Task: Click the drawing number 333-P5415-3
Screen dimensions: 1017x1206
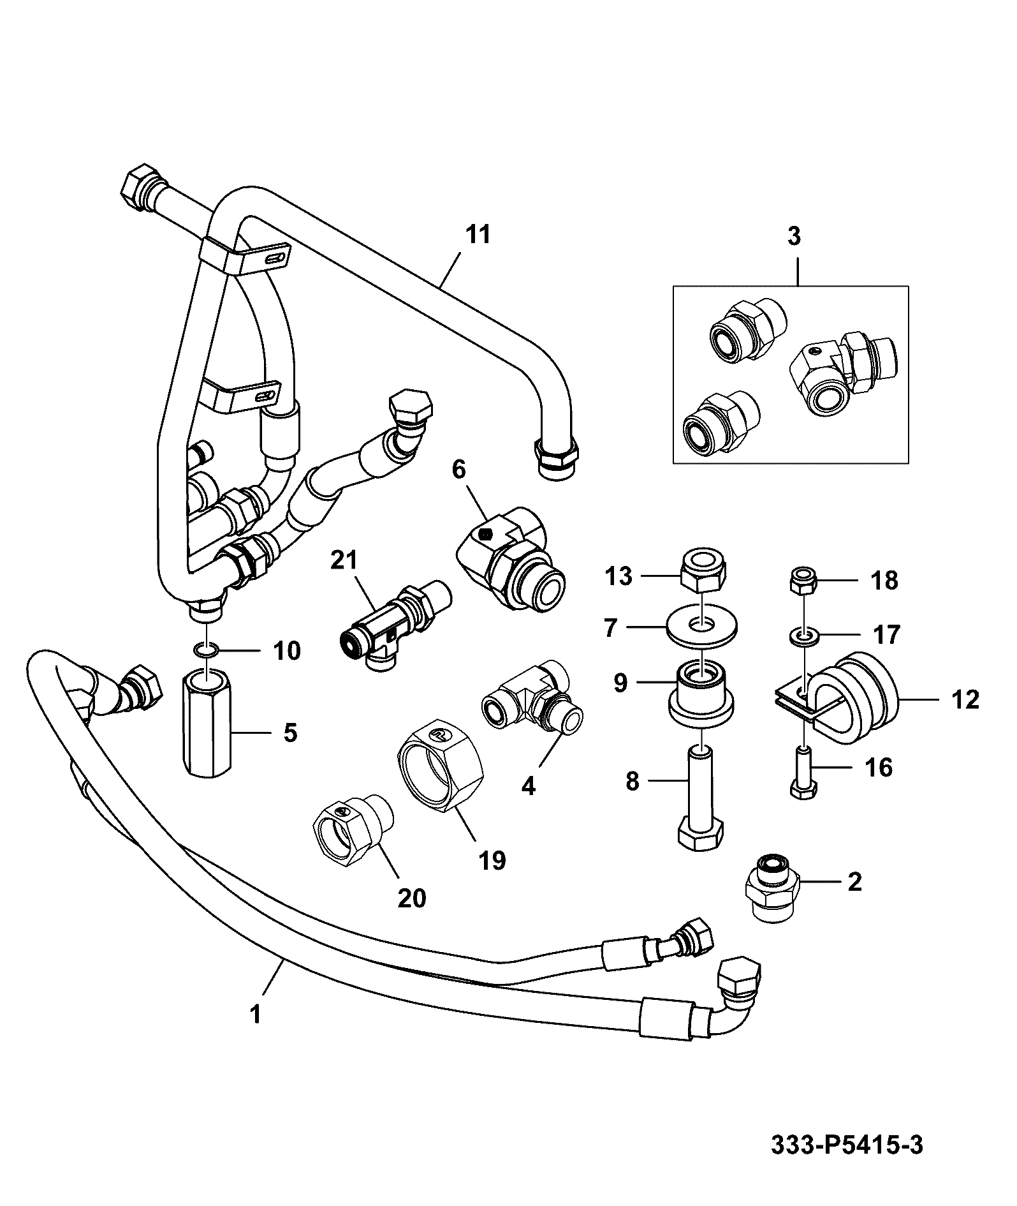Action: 847,1146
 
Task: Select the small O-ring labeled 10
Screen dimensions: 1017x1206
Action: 206,650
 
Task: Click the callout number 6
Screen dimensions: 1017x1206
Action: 459,470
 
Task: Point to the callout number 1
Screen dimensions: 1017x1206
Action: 255,1013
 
